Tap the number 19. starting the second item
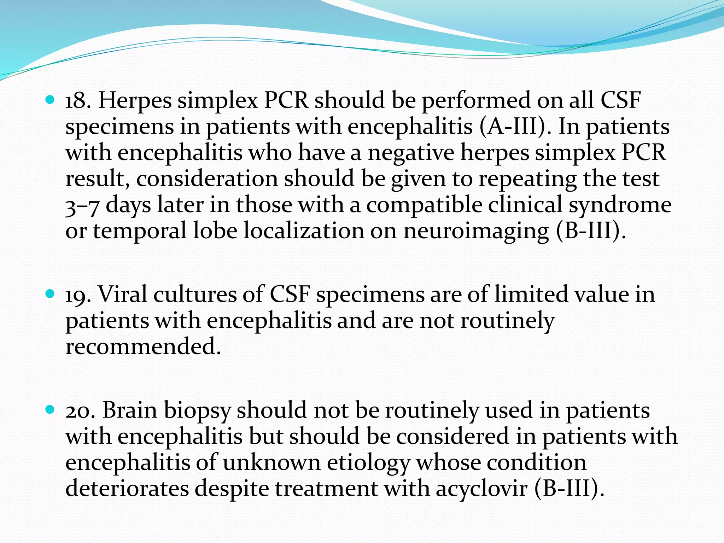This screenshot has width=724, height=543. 78,295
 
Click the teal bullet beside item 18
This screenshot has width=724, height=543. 50,100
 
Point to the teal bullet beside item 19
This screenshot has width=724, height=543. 50,294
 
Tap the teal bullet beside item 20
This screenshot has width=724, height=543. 50,410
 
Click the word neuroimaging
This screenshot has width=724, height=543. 476,232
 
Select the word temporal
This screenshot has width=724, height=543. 140,232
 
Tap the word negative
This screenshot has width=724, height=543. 411,153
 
